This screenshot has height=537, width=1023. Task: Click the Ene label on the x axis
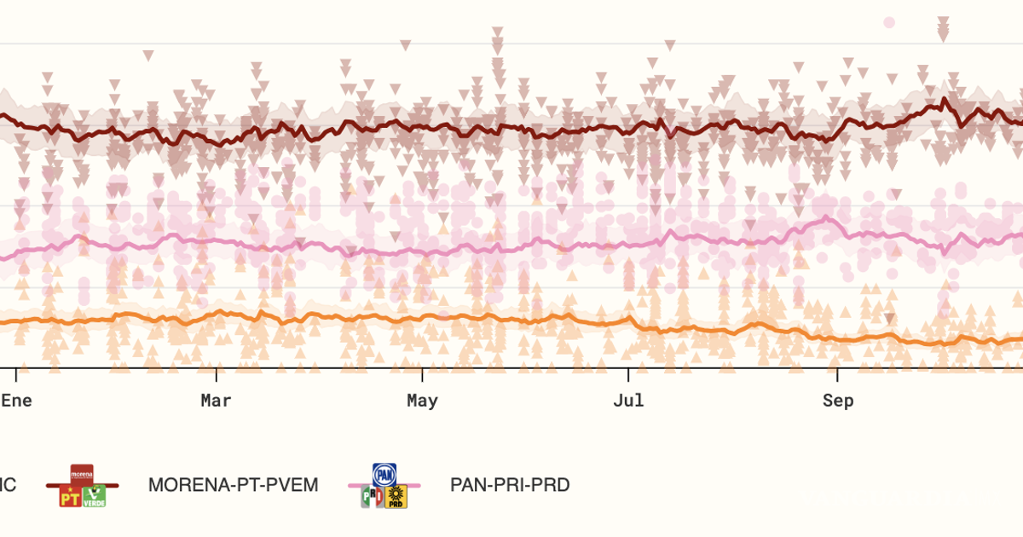click(x=16, y=401)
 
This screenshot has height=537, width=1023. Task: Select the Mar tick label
click(x=216, y=401)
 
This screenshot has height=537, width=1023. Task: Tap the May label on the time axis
click(x=422, y=401)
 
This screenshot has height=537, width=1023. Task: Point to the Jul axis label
click(x=628, y=401)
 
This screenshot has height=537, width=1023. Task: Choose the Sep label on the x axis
click(x=837, y=401)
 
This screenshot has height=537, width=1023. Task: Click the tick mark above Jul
click(x=628, y=374)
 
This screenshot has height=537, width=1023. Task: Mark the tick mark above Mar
click(x=216, y=374)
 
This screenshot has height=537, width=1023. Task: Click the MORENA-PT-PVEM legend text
click(x=233, y=485)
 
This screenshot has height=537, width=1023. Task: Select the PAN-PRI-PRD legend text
click(x=510, y=485)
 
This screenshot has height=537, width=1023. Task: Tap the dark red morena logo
click(x=82, y=474)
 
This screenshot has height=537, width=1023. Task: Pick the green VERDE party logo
click(x=94, y=496)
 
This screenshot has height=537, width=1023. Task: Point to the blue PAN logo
click(x=384, y=474)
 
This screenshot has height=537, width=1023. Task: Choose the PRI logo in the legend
click(x=373, y=497)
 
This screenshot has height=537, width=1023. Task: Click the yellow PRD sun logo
click(x=396, y=497)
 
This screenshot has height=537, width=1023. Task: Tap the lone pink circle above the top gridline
click(x=889, y=22)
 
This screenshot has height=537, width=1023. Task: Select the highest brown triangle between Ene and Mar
click(x=148, y=56)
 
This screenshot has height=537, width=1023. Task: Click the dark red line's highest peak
click(x=945, y=100)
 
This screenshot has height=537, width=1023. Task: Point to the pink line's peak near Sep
click(x=826, y=219)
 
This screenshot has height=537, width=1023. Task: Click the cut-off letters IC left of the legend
click(x=7, y=485)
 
